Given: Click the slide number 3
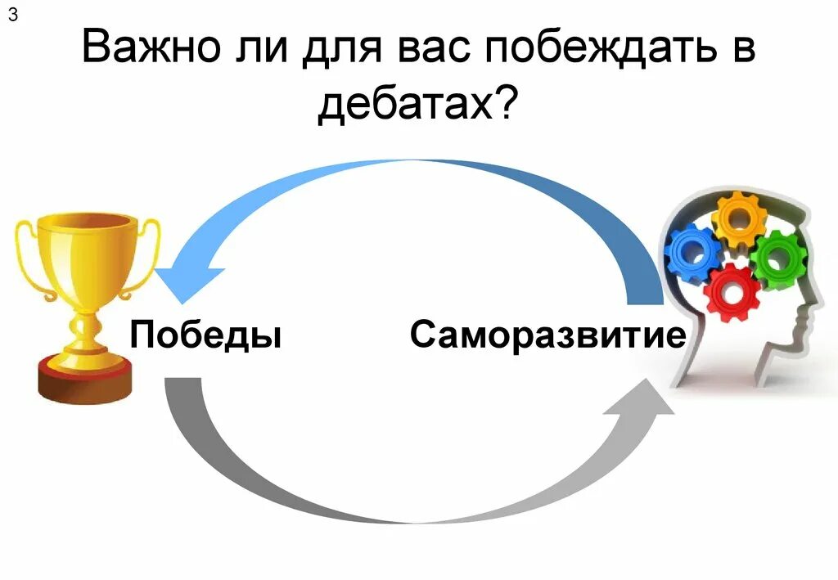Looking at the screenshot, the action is (x=13, y=19).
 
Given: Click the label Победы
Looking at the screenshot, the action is (x=205, y=335).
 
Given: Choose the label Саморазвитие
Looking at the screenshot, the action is (x=547, y=335).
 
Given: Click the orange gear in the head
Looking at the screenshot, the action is (x=740, y=218).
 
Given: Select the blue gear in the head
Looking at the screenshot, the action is (x=692, y=254).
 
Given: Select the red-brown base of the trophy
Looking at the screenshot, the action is (x=84, y=381).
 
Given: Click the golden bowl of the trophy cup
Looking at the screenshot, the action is (x=85, y=254).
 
